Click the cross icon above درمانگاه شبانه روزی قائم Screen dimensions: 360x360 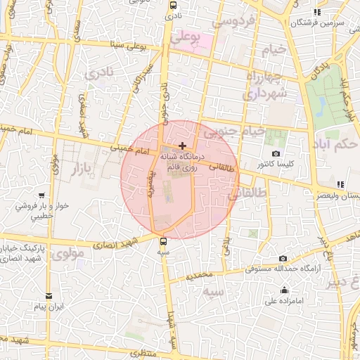[183, 146]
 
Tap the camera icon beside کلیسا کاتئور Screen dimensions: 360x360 [276, 154]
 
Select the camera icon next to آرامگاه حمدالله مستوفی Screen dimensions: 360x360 [283, 258]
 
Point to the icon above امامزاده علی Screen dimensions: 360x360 [284, 290]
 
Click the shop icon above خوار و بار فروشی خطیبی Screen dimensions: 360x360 [42, 195]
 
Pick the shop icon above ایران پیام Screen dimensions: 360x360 [49, 296]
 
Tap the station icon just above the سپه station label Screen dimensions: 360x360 [164, 241]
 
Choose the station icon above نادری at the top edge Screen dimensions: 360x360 [173, 4]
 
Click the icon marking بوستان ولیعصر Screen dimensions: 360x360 [341, 184]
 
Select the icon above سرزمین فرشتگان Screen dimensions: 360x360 [317, 12]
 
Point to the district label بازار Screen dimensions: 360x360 [82, 167]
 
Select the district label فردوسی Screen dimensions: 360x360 [232, 23]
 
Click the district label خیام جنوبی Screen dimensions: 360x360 [233, 131]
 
